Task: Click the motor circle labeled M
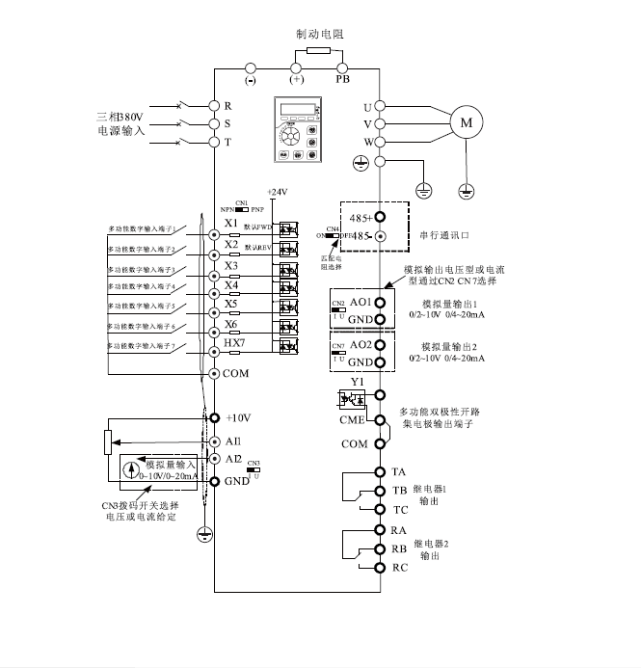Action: click(x=467, y=122)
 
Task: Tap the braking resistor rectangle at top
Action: click(x=319, y=50)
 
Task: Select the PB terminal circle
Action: click(x=342, y=67)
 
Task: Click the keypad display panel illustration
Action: click(x=298, y=129)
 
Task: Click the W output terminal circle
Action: click(x=381, y=142)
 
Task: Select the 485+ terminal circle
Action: click(x=380, y=218)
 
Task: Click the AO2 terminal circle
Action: click(x=381, y=344)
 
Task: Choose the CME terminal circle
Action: click(x=381, y=419)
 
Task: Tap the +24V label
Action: click(x=277, y=193)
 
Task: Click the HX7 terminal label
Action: click(x=234, y=344)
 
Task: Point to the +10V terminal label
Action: click(x=237, y=418)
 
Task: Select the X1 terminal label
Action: click(x=231, y=224)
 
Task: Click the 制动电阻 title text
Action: click(x=319, y=33)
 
